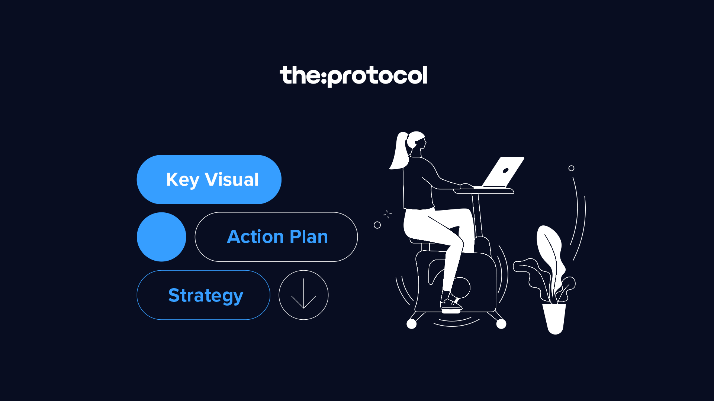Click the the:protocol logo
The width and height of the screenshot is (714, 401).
coord(353,76)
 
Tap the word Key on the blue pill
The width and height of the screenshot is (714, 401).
coord(183,180)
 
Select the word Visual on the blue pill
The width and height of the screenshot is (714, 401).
coord(231,180)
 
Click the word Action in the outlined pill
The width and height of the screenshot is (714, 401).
coord(255,237)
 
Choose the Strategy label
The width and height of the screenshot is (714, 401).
coord(206,296)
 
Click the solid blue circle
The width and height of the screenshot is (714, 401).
coord(161,237)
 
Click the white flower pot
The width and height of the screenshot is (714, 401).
coord(554,317)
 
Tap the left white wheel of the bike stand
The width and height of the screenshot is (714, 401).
coord(411,324)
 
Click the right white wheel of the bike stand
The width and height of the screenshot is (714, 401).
coord(501,324)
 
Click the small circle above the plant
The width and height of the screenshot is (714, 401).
coord(571,168)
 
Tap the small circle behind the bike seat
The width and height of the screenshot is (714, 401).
coord(377,225)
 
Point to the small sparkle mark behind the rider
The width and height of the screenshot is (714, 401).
coord(387,214)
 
